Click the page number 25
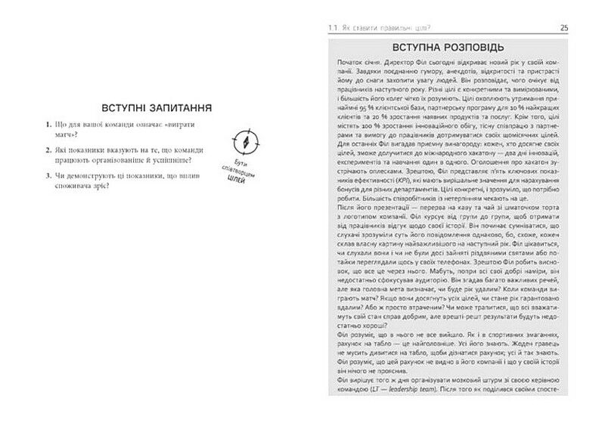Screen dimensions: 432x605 564,27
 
